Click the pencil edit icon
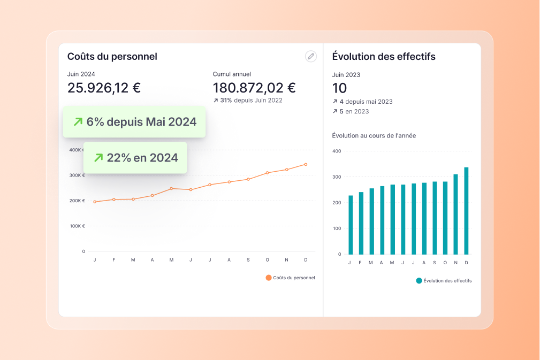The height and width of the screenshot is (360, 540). pyautogui.click(x=310, y=56)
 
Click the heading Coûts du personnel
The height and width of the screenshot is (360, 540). pyautogui.click(x=112, y=56)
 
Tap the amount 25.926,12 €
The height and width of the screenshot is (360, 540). pyautogui.click(x=104, y=88)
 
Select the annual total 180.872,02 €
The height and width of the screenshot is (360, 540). pyautogui.click(x=254, y=88)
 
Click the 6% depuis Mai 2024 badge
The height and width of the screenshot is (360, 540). pyautogui.click(x=134, y=122)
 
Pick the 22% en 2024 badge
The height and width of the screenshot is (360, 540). pyautogui.click(x=135, y=157)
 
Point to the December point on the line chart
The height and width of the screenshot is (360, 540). pyautogui.click(x=306, y=164)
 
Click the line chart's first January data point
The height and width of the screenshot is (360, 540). pyautogui.click(x=95, y=202)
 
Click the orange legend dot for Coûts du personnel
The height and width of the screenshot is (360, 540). pyautogui.click(x=269, y=278)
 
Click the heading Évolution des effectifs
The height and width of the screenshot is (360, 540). pyautogui.click(x=384, y=56)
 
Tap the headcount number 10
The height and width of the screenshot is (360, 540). pyautogui.click(x=339, y=88)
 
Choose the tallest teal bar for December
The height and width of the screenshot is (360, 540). pyautogui.click(x=466, y=211)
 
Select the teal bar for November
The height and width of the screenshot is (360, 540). pyautogui.click(x=455, y=214)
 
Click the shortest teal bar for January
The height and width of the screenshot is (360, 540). pyautogui.click(x=351, y=225)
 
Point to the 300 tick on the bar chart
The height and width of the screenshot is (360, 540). pyautogui.click(x=337, y=177)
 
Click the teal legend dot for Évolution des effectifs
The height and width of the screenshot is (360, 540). pyautogui.click(x=419, y=280)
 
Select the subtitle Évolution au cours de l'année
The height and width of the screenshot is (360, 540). pyautogui.click(x=374, y=135)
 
